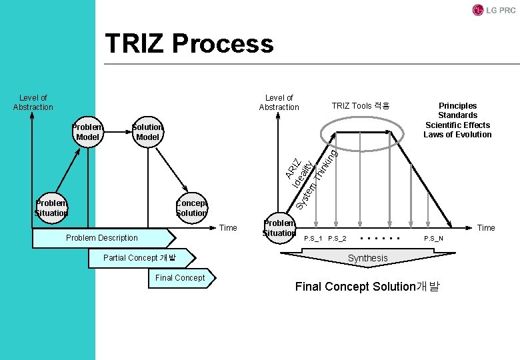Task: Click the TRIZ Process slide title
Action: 189,44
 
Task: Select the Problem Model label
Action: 87,132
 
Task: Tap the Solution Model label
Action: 147,132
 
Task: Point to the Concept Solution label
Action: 191,208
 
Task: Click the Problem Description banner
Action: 103,238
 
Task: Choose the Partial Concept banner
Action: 140,258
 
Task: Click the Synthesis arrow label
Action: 367,258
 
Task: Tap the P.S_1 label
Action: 313,239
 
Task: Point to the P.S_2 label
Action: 337,239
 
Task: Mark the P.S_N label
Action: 433,239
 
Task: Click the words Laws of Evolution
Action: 457,135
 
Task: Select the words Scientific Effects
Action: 457,125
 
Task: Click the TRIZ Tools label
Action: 361,106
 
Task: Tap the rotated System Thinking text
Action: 318,178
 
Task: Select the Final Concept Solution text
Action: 367,287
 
